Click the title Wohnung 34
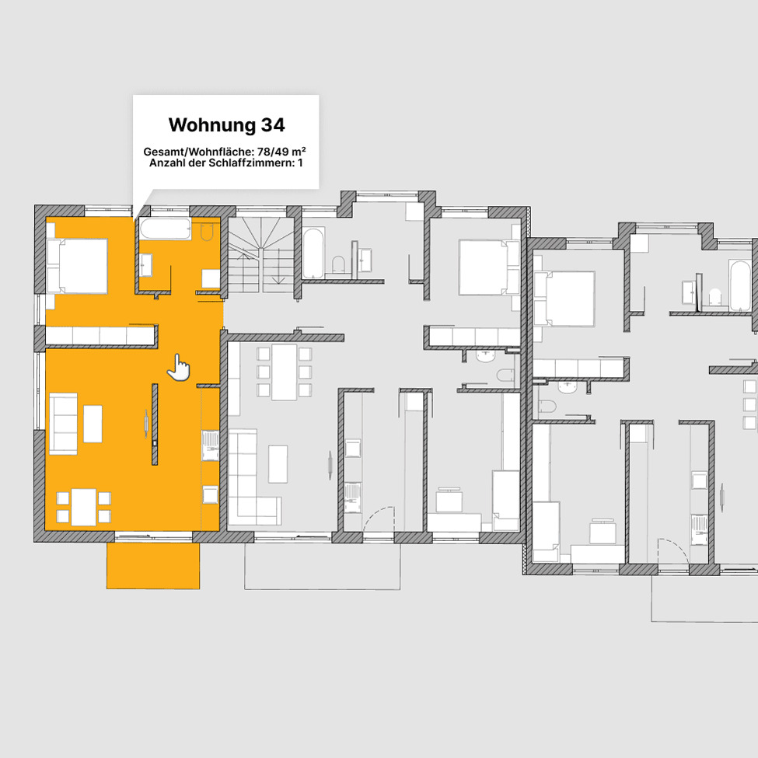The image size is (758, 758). [227, 124]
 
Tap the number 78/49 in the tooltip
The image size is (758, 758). [275, 152]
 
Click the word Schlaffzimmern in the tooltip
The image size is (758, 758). [251, 163]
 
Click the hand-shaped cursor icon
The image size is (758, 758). [178, 367]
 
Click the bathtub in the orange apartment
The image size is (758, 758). [166, 229]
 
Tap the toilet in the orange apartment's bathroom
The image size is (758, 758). [207, 231]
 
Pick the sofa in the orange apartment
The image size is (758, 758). [63, 424]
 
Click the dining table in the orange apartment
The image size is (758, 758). [83, 507]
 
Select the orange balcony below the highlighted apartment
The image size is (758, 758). [153, 565]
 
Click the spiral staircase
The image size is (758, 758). [261, 255]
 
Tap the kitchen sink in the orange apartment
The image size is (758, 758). [210, 445]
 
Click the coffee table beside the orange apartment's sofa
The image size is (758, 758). [93, 424]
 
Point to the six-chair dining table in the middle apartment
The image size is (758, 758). [285, 372]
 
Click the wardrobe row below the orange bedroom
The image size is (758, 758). [100, 335]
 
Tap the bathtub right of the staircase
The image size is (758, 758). [313, 253]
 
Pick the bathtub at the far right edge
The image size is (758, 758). [739, 285]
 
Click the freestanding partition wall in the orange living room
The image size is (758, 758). [155, 424]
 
